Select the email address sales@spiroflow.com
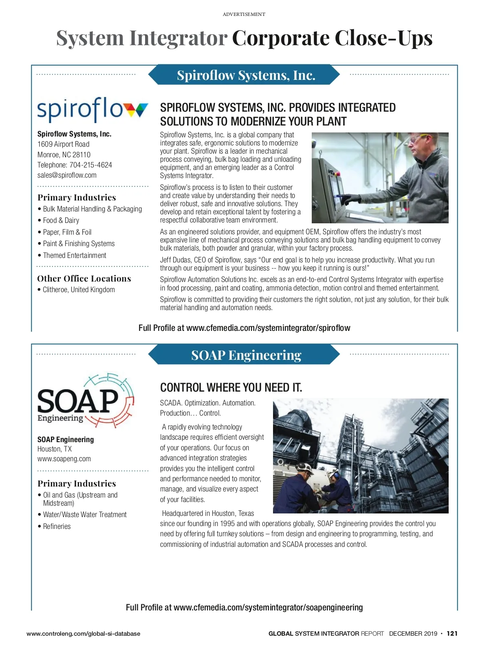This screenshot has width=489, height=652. [x=67, y=175]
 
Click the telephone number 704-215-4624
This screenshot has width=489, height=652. [x=90, y=165]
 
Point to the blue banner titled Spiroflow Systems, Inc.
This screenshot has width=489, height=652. [x=244, y=75]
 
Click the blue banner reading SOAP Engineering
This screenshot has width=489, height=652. [x=244, y=355]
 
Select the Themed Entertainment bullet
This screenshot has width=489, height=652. [x=75, y=256]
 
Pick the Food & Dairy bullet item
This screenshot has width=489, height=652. [x=61, y=220]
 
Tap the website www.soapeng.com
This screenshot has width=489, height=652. [x=64, y=459]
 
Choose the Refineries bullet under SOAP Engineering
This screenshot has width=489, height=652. [x=57, y=526]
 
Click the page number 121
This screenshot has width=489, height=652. [x=452, y=634]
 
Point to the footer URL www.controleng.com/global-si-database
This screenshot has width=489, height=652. [x=83, y=634]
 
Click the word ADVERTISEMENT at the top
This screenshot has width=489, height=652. [x=244, y=14]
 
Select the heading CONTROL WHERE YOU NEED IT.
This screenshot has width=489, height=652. [x=231, y=387]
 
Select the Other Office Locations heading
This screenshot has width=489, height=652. [x=84, y=279]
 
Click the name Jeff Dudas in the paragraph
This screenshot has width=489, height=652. [x=176, y=260]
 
